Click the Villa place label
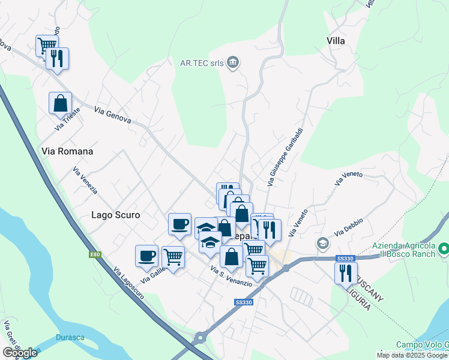pos(336,41)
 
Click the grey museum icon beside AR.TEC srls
pos(234,62)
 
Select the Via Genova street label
pos(112,115)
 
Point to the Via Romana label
pos(67,151)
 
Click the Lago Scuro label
pos(115,214)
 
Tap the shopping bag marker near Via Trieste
pos(61,103)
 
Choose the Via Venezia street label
pos(85,181)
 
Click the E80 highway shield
pos(95,255)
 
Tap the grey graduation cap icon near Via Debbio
pos(323,243)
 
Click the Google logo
pos(20,352)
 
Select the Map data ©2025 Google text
pos(412,355)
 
